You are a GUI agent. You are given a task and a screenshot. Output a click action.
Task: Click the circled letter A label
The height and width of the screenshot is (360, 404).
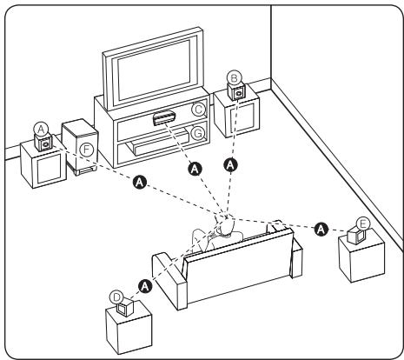tap(40, 125)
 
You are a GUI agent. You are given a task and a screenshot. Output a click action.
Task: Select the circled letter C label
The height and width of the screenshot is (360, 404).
tap(198, 110)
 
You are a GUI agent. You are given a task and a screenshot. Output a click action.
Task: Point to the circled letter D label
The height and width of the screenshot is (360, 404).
tap(116, 296)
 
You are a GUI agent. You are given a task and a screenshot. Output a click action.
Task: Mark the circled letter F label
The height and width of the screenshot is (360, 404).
tap(86, 149)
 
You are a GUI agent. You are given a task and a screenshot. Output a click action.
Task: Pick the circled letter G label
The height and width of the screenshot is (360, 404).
tap(198, 133)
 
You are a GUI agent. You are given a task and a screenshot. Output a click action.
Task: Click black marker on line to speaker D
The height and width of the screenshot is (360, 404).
tap(145, 283)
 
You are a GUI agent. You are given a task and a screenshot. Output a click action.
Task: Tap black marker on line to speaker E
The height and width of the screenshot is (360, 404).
tap(321, 228)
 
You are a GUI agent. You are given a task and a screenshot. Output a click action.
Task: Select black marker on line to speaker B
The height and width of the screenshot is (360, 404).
tap(230, 163)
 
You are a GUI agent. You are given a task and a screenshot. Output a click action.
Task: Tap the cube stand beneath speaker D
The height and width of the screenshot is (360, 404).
tap(127, 331)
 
